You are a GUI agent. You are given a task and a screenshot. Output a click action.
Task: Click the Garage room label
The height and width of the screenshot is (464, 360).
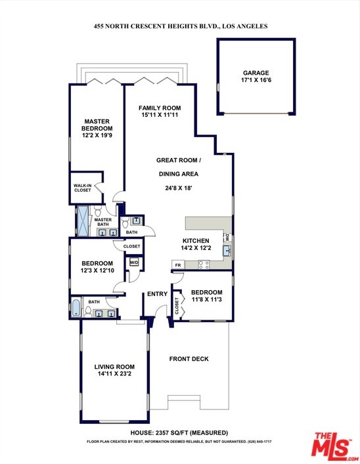point(256,73)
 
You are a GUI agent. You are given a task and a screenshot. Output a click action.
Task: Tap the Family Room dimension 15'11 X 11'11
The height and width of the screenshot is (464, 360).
point(160,115)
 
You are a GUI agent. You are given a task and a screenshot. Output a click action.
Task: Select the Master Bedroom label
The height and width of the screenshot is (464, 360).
point(97,125)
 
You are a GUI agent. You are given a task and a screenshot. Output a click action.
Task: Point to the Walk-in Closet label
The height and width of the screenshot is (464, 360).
point(82,188)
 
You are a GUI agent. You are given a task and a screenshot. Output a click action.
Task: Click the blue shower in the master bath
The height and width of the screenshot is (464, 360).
point(83,221)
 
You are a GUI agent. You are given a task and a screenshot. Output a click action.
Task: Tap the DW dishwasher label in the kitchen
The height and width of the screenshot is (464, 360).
point(227,238)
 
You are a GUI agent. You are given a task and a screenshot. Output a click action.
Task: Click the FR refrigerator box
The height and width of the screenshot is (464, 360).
point(178,265)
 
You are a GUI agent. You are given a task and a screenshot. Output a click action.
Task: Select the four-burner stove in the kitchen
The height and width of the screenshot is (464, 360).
point(204,264)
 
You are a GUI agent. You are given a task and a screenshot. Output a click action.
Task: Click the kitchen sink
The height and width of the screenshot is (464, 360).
point(227,251)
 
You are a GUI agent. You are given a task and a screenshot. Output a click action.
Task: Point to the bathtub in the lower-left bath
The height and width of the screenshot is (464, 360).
point(76,308)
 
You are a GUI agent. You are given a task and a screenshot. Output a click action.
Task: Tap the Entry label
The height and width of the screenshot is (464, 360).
point(157,294)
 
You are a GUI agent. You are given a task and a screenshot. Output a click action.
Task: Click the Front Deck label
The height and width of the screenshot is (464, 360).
point(189,359)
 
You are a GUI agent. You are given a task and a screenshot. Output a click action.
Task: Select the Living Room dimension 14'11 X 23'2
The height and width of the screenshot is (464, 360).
point(114,373)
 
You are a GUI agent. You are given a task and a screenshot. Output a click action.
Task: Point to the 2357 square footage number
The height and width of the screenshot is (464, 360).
point(162,432)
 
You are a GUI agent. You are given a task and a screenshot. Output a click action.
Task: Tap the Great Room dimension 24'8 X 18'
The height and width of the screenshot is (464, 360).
point(179,188)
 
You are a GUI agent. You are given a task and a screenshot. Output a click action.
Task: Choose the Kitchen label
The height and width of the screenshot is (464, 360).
point(196,241)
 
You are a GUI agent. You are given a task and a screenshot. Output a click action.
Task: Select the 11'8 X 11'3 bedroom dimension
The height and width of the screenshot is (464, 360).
point(206,299)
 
